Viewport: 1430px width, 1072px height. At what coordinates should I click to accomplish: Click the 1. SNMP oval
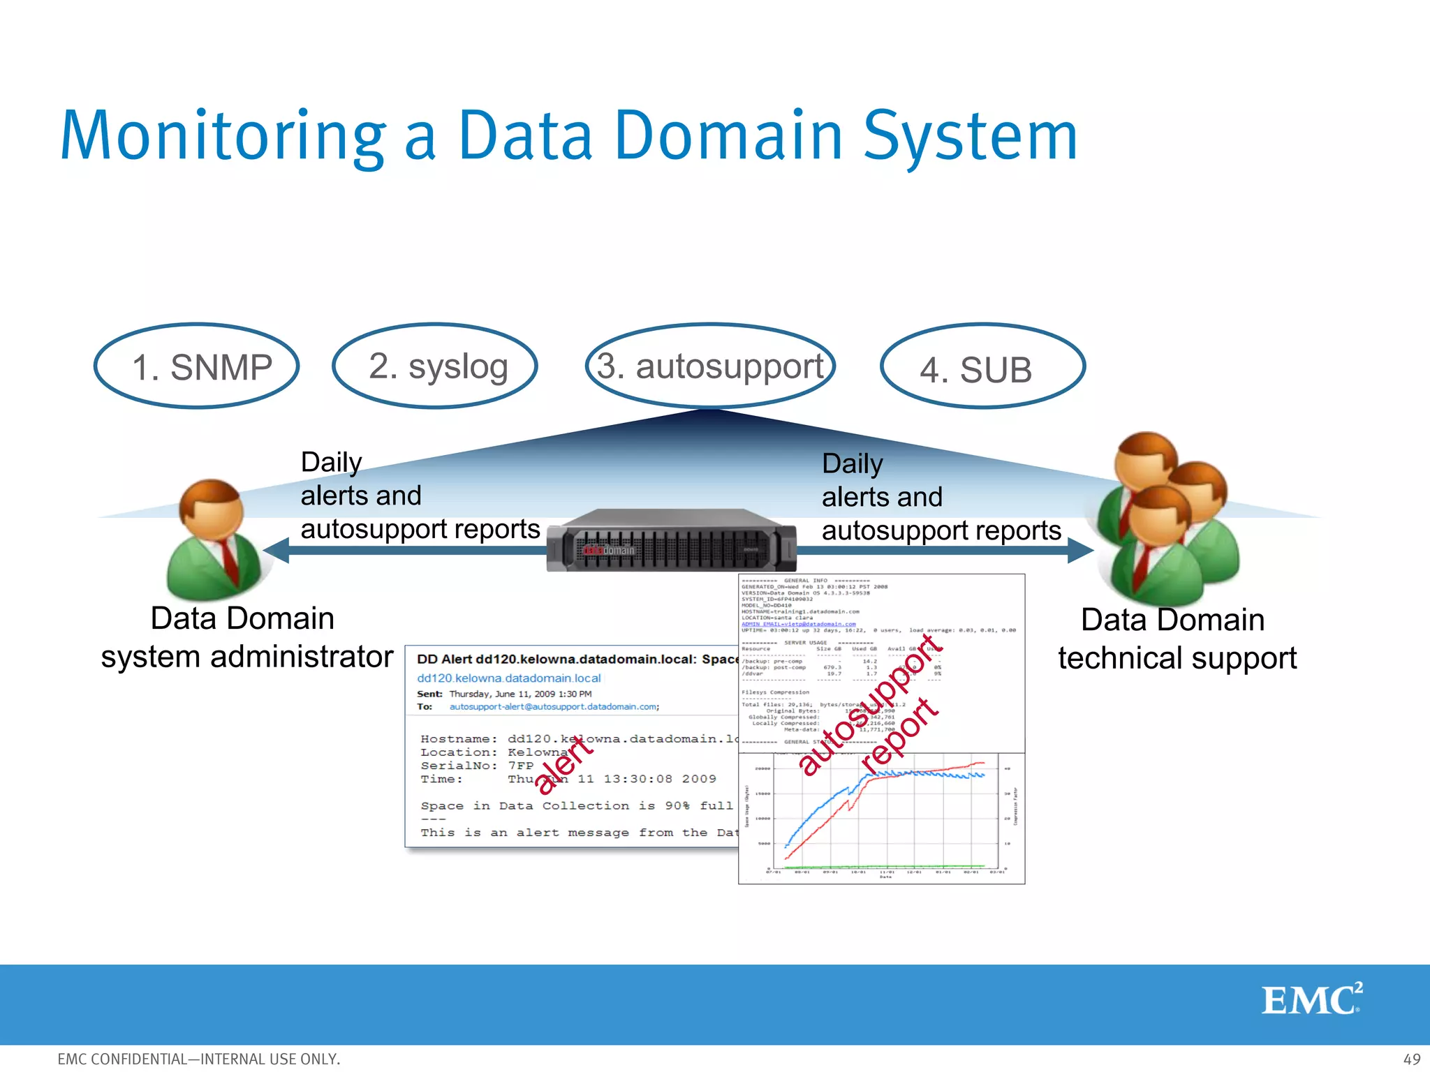(197, 366)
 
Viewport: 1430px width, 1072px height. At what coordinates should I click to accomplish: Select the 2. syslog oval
(435, 366)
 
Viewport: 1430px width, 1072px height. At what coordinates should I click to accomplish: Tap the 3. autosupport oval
(710, 366)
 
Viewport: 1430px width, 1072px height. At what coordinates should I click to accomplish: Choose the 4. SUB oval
(982, 368)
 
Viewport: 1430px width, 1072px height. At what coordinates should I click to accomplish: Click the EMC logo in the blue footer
(1311, 999)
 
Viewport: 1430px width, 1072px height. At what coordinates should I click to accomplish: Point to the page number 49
(1411, 1059)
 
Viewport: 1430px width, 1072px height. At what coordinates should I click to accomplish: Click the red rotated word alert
(563, 766)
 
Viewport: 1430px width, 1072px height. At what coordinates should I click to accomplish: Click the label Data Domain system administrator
(246, 637)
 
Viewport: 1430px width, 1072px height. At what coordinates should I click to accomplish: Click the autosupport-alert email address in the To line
(554, 707)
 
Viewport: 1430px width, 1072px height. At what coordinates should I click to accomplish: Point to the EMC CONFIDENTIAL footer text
(199, 1059)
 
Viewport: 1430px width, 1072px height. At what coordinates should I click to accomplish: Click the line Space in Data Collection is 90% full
(577, 805)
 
